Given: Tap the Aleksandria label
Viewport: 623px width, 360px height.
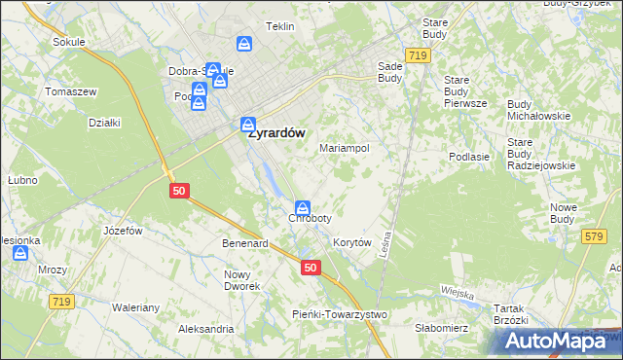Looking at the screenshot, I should [206, 329].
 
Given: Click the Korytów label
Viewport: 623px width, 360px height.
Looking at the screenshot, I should [352, 242].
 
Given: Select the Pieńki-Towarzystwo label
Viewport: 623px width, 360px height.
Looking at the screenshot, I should [340, 314].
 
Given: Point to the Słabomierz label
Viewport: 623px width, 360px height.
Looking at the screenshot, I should [442, 328].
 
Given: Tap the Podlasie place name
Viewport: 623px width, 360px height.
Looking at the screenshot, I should [468, 156].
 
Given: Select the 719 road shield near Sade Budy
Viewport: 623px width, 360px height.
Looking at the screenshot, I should [419, 57].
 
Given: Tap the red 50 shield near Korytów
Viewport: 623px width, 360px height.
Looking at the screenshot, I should [310, 268].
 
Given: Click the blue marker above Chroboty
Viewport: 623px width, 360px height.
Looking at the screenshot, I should [303, 207].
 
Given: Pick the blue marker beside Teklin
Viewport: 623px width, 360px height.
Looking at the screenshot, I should [244, 44].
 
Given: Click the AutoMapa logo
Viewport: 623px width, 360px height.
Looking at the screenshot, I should [556, 341].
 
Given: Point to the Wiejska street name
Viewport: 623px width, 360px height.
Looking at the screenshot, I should [457, 293].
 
